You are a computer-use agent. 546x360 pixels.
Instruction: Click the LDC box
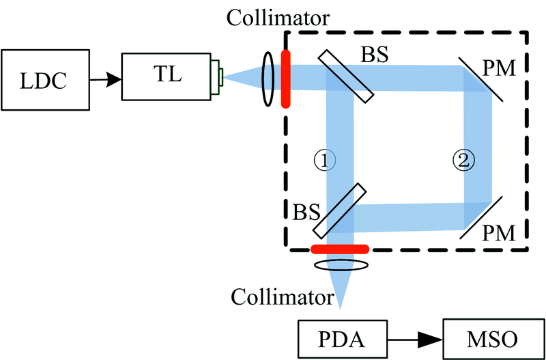[42, 79]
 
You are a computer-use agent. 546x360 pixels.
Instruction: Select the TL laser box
[167, 76]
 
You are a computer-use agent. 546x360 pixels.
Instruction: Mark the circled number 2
[462, 160]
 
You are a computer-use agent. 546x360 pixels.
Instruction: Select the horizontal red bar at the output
[339, 249]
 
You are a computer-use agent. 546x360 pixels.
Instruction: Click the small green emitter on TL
[219, 77]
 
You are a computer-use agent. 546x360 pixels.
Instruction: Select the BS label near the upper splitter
[374, 55]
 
